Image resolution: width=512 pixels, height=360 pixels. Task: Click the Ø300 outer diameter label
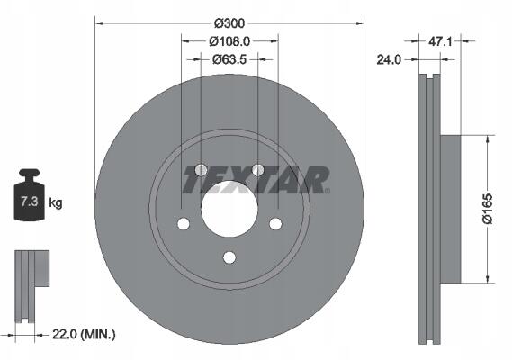[229, 23]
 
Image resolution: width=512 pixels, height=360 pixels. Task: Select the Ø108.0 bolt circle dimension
[229, 41]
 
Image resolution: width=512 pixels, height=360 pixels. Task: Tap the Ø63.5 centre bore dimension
[229, 59]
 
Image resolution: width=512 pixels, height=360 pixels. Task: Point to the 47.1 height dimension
[440, 41]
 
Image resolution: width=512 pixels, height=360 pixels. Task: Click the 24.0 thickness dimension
[389, 59]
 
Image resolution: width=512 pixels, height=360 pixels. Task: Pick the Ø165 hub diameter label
[487, 209]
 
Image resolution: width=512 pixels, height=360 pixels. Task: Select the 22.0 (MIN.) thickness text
[84, 334]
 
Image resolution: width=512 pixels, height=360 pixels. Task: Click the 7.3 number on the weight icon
[30, 202]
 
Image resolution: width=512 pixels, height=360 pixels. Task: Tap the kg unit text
[56, 202]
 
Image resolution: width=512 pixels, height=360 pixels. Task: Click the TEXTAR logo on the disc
[256, 180]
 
